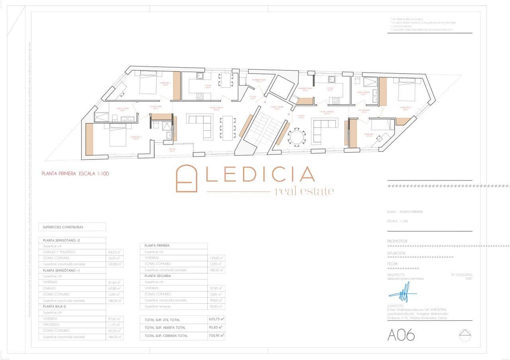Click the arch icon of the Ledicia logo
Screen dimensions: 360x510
pos(186,179)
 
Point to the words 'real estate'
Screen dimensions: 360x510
pos(304,192)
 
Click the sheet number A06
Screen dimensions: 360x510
pos(401,335)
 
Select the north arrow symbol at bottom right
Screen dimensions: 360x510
pos(465,335)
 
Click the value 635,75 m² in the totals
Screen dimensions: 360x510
pos(216,319)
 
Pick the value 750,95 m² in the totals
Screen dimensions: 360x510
pos(216,336)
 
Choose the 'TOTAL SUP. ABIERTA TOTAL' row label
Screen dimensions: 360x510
pos(165,328)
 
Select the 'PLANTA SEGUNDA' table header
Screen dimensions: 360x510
pos(158,276)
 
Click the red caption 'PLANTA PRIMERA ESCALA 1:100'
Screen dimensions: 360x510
pos(75,174)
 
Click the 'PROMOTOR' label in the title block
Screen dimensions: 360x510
pos(397,241)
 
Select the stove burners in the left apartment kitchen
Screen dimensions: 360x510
pos(200,96)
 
